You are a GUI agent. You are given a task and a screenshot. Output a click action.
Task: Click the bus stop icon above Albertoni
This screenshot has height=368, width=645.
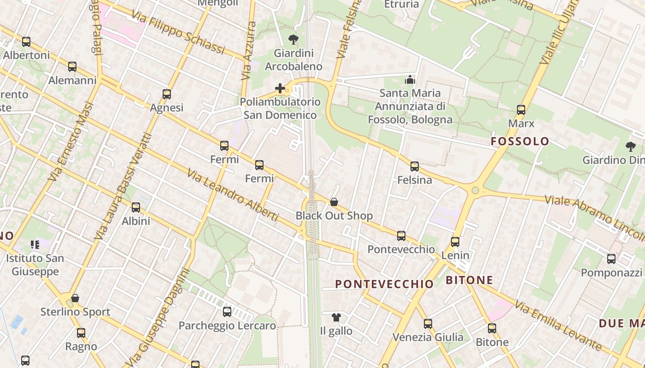[26, 42]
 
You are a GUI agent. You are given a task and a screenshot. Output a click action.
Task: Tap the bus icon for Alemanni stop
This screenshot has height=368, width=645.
[72, 67]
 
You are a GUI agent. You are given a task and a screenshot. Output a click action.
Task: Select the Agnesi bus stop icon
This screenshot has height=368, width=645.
[167, 94]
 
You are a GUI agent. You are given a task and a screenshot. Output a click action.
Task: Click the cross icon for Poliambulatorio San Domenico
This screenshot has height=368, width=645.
[280, 88]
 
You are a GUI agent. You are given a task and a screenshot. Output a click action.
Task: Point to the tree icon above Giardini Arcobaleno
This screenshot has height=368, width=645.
[293, 40]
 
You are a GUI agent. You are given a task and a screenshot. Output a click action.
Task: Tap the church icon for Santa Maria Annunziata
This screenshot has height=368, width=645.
[410, 80]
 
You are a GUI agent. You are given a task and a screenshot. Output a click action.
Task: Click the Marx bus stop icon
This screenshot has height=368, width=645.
[521, 110]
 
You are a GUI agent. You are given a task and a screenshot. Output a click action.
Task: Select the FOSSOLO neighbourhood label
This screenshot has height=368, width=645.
[520, 141]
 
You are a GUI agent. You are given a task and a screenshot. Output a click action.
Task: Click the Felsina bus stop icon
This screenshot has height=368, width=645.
[415, 167]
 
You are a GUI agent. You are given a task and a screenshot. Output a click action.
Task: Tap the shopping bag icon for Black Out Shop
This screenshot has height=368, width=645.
[334, 202]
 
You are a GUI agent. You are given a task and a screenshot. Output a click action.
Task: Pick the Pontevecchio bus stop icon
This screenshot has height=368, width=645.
[401, 236]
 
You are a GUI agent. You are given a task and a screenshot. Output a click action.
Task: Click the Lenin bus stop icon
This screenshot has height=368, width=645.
[455, 242]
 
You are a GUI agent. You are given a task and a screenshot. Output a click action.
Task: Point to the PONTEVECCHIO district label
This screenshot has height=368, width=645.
[384, 284]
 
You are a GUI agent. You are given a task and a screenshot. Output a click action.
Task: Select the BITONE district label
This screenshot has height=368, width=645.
[469, 280]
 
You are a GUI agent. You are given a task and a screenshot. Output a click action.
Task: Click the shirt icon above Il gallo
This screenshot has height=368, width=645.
[336, 317]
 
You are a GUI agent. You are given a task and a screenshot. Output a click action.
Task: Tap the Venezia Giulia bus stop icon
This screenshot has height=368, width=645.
[428, 324]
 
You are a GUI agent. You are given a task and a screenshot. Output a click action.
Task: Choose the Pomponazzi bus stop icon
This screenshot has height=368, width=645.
[611, 259]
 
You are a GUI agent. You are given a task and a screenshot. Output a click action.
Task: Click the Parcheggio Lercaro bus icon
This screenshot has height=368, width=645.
[227, 312]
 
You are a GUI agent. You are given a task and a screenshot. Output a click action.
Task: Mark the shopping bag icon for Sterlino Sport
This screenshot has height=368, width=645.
[75, 298]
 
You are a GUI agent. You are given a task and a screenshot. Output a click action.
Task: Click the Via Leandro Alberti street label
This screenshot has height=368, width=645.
[233, 195]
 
